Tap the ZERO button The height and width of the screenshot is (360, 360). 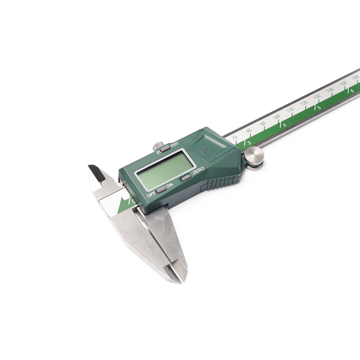click(186, 178)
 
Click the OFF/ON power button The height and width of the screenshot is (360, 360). click(161, 190)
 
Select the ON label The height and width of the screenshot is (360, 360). click(169, 185)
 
